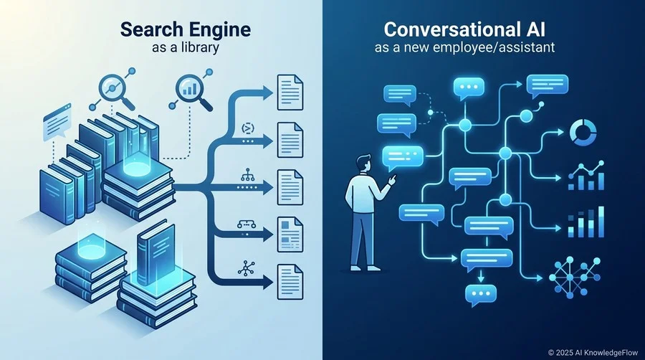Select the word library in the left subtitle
point(199,47)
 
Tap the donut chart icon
point(583,133)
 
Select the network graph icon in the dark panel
point(575,278)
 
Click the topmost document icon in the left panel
point(290,93)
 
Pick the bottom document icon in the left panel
point(290,282)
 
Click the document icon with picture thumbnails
point(290,235)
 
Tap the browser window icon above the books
point(57,121)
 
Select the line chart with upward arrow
point(586,176)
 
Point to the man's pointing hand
point(393,179)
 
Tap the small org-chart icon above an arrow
point(247,176)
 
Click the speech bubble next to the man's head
point(402,158)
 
